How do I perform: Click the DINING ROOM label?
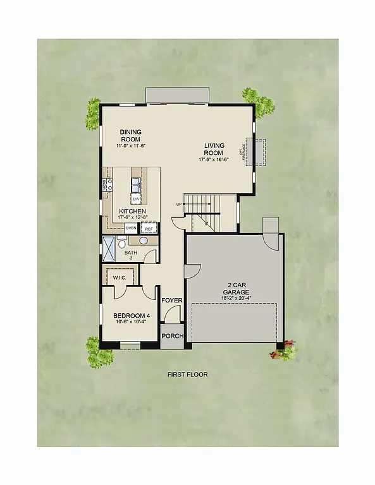click(131, 136)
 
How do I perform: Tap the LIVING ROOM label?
click(214, 149)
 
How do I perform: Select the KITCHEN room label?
click(132, 211)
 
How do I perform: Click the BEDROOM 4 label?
click(130, 316)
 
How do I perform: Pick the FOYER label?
click(171, 301)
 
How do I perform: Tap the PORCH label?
click(172, 336)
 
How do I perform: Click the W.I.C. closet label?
click(120, 278)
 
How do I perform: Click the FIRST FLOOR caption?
click(187, 374)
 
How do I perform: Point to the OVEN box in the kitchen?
click(132, 227)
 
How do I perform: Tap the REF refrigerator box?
click(149, 229)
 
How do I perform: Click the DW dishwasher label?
click(136, 200)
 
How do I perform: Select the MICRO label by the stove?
click(105, 185)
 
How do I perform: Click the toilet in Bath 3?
click(122, 243)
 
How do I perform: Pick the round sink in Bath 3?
click(144, 241)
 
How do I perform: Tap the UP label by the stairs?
click(180, 205)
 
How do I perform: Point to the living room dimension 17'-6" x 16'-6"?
click(214, 160)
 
